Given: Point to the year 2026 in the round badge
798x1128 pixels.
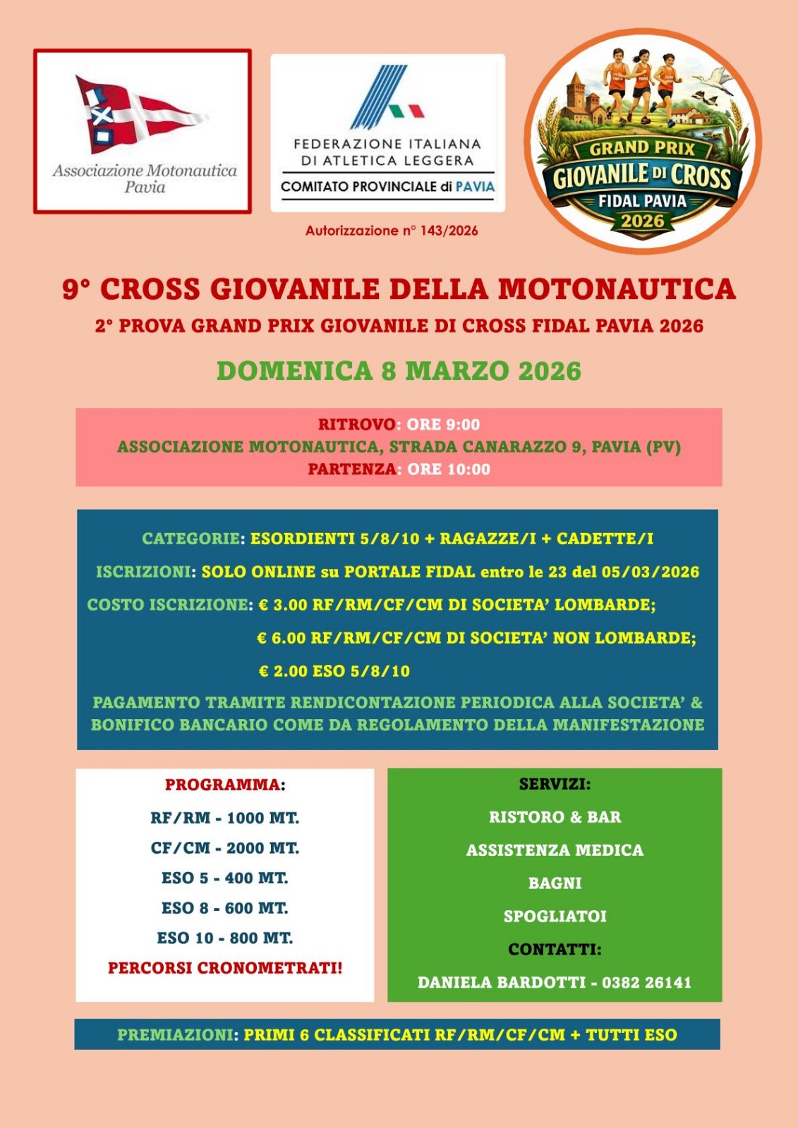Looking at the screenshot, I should pyautogui.click(x=642, y=221).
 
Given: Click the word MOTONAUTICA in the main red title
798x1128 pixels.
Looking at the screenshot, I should pyautogui.click(x=617, y=289).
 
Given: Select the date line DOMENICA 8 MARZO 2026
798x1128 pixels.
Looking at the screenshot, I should pyautogui.click(x=399, y=371).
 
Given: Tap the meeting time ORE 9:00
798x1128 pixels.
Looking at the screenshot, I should pyautogui.click(x=443, y=424).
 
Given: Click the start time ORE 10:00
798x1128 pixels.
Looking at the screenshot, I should pyautogui.click(x=448, y=470).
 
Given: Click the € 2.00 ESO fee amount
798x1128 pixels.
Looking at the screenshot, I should pyautogui.click(x=282, y=671).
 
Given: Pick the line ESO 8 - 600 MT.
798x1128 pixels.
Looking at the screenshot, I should pyautogui.click(x=224, y=908).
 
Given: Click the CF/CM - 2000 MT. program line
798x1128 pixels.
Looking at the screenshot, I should pyautogui.click(x=224, y=848).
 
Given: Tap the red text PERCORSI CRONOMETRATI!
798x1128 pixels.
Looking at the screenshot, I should pyautogui.click(x=224, y=968).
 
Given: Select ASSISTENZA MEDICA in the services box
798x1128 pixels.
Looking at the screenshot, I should pyautogui.click(x=555, y=850).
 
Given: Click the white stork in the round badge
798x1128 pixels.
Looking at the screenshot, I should pyautogui.click(x=714, y=78).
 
